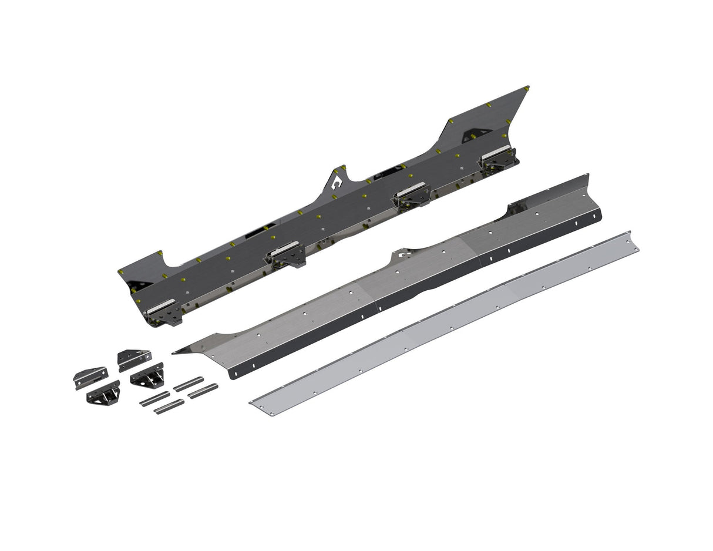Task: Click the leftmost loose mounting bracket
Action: [90, 377]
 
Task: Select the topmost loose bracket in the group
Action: [134, 359]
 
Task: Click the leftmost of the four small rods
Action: [154, 399]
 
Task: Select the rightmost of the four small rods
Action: [203, 391]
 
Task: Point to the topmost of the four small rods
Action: [189, 384]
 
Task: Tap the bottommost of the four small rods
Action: [169, 406]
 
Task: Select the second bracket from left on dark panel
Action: [286, 254]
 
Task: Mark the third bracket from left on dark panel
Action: [412, 196]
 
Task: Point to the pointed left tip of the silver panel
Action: [176, 352]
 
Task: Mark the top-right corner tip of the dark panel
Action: [527, 88]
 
